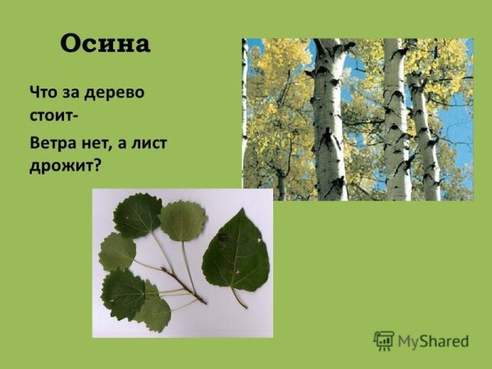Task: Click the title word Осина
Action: tap(105, 44)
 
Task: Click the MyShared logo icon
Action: tap(384, 340)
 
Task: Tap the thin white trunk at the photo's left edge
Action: tap(244, 115)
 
